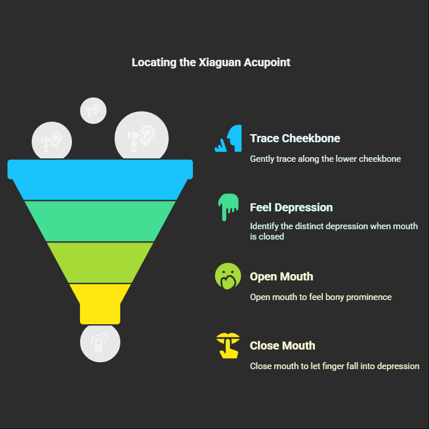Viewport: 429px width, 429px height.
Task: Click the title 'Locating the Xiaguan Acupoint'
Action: tap(211, 62)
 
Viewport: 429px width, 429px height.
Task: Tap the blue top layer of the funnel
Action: tap(100, 179)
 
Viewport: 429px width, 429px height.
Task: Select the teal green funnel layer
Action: tap(100, 221)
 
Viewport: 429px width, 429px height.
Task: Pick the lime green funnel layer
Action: tap(100, 262)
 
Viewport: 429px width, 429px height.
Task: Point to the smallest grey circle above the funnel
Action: tap(93, 110)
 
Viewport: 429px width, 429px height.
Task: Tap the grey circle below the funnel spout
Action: tap(100, 343)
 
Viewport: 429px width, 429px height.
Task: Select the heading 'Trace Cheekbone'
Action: tap(295, 138)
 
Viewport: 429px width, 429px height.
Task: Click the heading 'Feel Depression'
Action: tap(291, 207)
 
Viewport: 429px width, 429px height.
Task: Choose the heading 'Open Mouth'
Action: tap(282, 276)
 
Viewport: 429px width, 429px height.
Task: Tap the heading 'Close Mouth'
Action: tap(283, 346)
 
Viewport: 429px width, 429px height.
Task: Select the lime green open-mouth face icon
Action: tap(227, 276)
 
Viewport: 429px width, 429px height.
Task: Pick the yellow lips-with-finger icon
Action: tap(227, 346)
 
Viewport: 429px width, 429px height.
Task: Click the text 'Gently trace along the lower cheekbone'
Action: tap(325, 158)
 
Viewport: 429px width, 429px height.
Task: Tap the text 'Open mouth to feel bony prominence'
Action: tap(321, 297)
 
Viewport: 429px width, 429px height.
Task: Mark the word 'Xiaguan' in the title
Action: tap(219, 62)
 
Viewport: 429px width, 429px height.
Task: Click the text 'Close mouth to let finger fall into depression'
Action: tap(335, 366)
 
